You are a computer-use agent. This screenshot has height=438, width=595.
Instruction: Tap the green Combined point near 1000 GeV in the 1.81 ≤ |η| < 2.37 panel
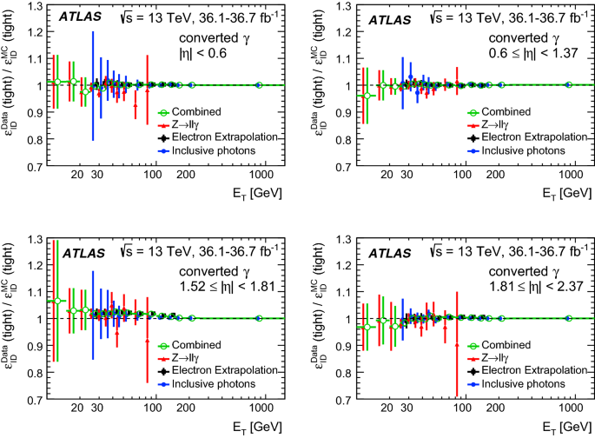click(569, 318)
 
